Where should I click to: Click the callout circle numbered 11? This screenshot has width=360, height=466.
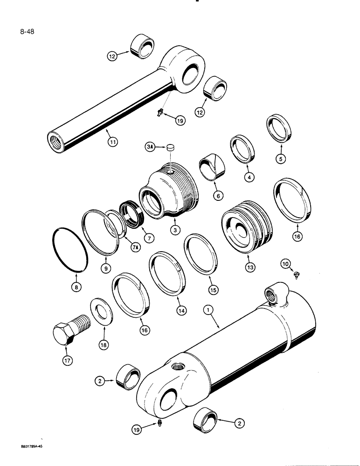(112, 143)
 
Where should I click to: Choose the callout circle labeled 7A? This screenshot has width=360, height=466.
(135, 247)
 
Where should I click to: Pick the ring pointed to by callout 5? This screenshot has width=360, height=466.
(279, 130)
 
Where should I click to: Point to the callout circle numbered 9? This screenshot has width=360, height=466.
(106, 269)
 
